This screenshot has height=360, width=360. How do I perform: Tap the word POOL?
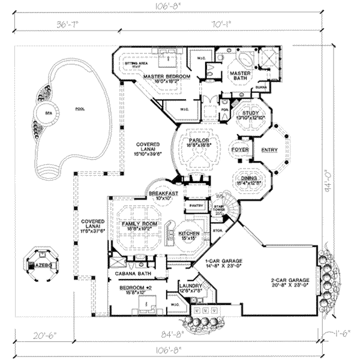(x=79, y=109)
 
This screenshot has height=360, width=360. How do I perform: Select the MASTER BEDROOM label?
(x=166, y=77)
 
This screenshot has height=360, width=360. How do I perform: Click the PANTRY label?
(x=195, y=205)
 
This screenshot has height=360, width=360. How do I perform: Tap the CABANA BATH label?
(x=130, y=274)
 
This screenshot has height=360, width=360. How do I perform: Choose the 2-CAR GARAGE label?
(x=289, y=280)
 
